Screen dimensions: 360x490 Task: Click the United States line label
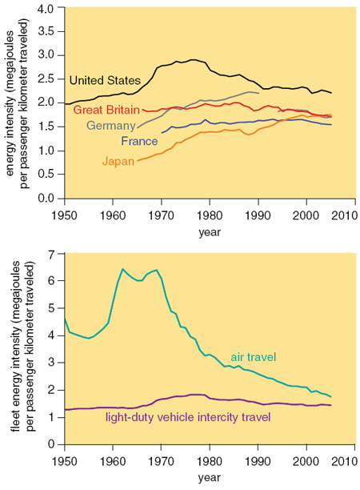105,80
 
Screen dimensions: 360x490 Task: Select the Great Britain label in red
106,110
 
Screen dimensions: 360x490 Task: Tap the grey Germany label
111,126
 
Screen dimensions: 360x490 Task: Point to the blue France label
139,141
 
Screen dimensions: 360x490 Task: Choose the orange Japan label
118,161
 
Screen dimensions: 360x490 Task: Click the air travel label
254,357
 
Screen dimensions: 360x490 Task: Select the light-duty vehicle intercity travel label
188,417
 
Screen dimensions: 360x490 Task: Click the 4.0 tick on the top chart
46,8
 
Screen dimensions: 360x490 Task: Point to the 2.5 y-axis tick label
46,79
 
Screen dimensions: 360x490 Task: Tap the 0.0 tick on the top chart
46,198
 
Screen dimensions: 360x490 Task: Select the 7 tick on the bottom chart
51,254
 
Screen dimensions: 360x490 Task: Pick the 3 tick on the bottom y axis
51,363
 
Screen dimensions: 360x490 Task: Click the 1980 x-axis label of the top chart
210,215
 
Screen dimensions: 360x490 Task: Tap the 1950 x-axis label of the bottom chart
65,461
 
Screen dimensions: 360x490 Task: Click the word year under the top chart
210,232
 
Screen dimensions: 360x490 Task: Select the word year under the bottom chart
210,477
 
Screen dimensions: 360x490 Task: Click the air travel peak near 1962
122,269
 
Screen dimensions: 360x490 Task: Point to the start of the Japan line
138,161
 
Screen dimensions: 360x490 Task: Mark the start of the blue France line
162,133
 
